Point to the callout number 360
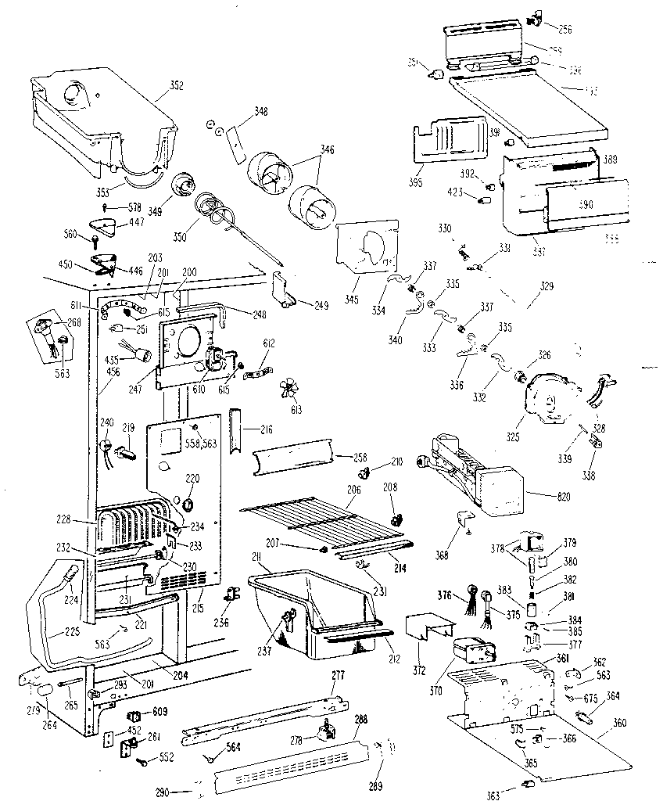(x=620, y=722)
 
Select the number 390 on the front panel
(x=586, y=205)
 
